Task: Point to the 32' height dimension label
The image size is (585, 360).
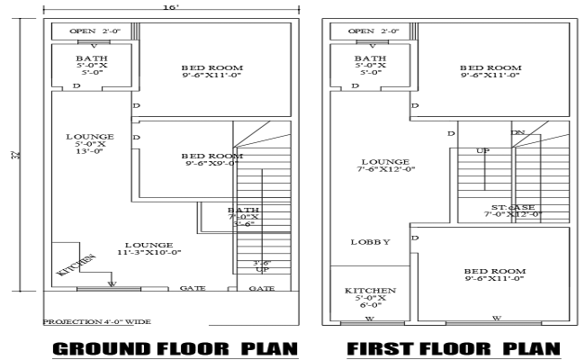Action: click(x=18, y=155)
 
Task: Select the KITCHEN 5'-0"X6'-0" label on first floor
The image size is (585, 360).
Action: click(x=364, y=298)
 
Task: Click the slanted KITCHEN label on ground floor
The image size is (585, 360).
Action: click(x=76, y=263)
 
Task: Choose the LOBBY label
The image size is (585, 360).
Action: click(x=369, y=242)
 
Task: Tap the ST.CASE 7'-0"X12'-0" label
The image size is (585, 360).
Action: click(x=512, y=211)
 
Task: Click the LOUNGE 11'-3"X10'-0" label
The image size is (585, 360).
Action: click(x=148, y=248)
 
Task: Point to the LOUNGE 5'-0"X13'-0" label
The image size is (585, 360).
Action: click(x=89, y=144)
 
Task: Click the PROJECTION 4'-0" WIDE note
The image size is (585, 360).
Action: click(x=96, y=321)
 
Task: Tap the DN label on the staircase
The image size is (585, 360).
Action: click(x=518, y=132)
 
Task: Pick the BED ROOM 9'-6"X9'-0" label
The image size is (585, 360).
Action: click(x=212, y=159)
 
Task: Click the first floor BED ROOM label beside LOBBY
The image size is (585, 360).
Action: click(x=494, y=275)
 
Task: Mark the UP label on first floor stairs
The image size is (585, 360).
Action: click(x=482, y=150)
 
